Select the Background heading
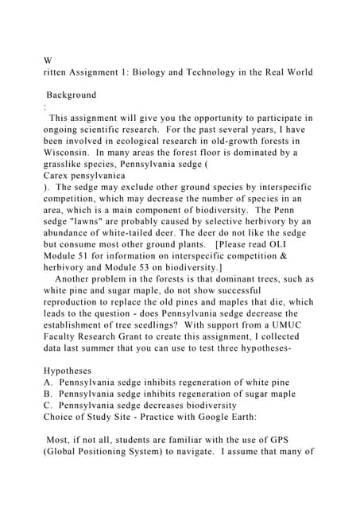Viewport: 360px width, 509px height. click(x=72, y=95)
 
